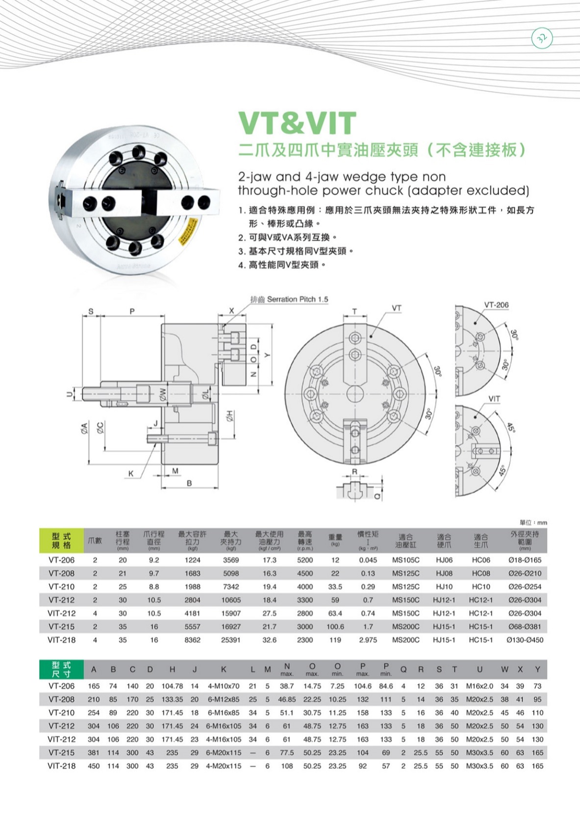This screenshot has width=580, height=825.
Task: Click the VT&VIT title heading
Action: point(297,123)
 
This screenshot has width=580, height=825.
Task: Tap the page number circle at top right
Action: point(542,38)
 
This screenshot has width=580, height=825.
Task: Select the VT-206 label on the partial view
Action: point(496,305)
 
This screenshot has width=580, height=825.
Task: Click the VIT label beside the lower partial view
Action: point(494,399)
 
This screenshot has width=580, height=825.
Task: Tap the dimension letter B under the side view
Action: point(189,483)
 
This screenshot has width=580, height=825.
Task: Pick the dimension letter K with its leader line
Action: point(131,473)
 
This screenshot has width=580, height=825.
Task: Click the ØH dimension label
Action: point(229,416)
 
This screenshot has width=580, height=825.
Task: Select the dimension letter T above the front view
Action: point(354,311)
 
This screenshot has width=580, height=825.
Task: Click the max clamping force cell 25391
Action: point(230,640)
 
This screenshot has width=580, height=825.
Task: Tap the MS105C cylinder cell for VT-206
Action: point(405,560)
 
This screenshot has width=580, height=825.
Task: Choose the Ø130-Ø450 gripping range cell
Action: point(525,640)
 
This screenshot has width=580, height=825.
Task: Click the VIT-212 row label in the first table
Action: point(61,613)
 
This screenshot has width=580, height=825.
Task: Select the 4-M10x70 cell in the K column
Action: point(224,686)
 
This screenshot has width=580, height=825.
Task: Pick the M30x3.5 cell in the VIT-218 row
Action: point(479,766)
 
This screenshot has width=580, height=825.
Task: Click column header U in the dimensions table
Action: point(479,670)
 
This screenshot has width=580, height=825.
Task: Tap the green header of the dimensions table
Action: point(61,670)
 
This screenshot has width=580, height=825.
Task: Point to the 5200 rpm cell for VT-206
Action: point(305,560)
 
